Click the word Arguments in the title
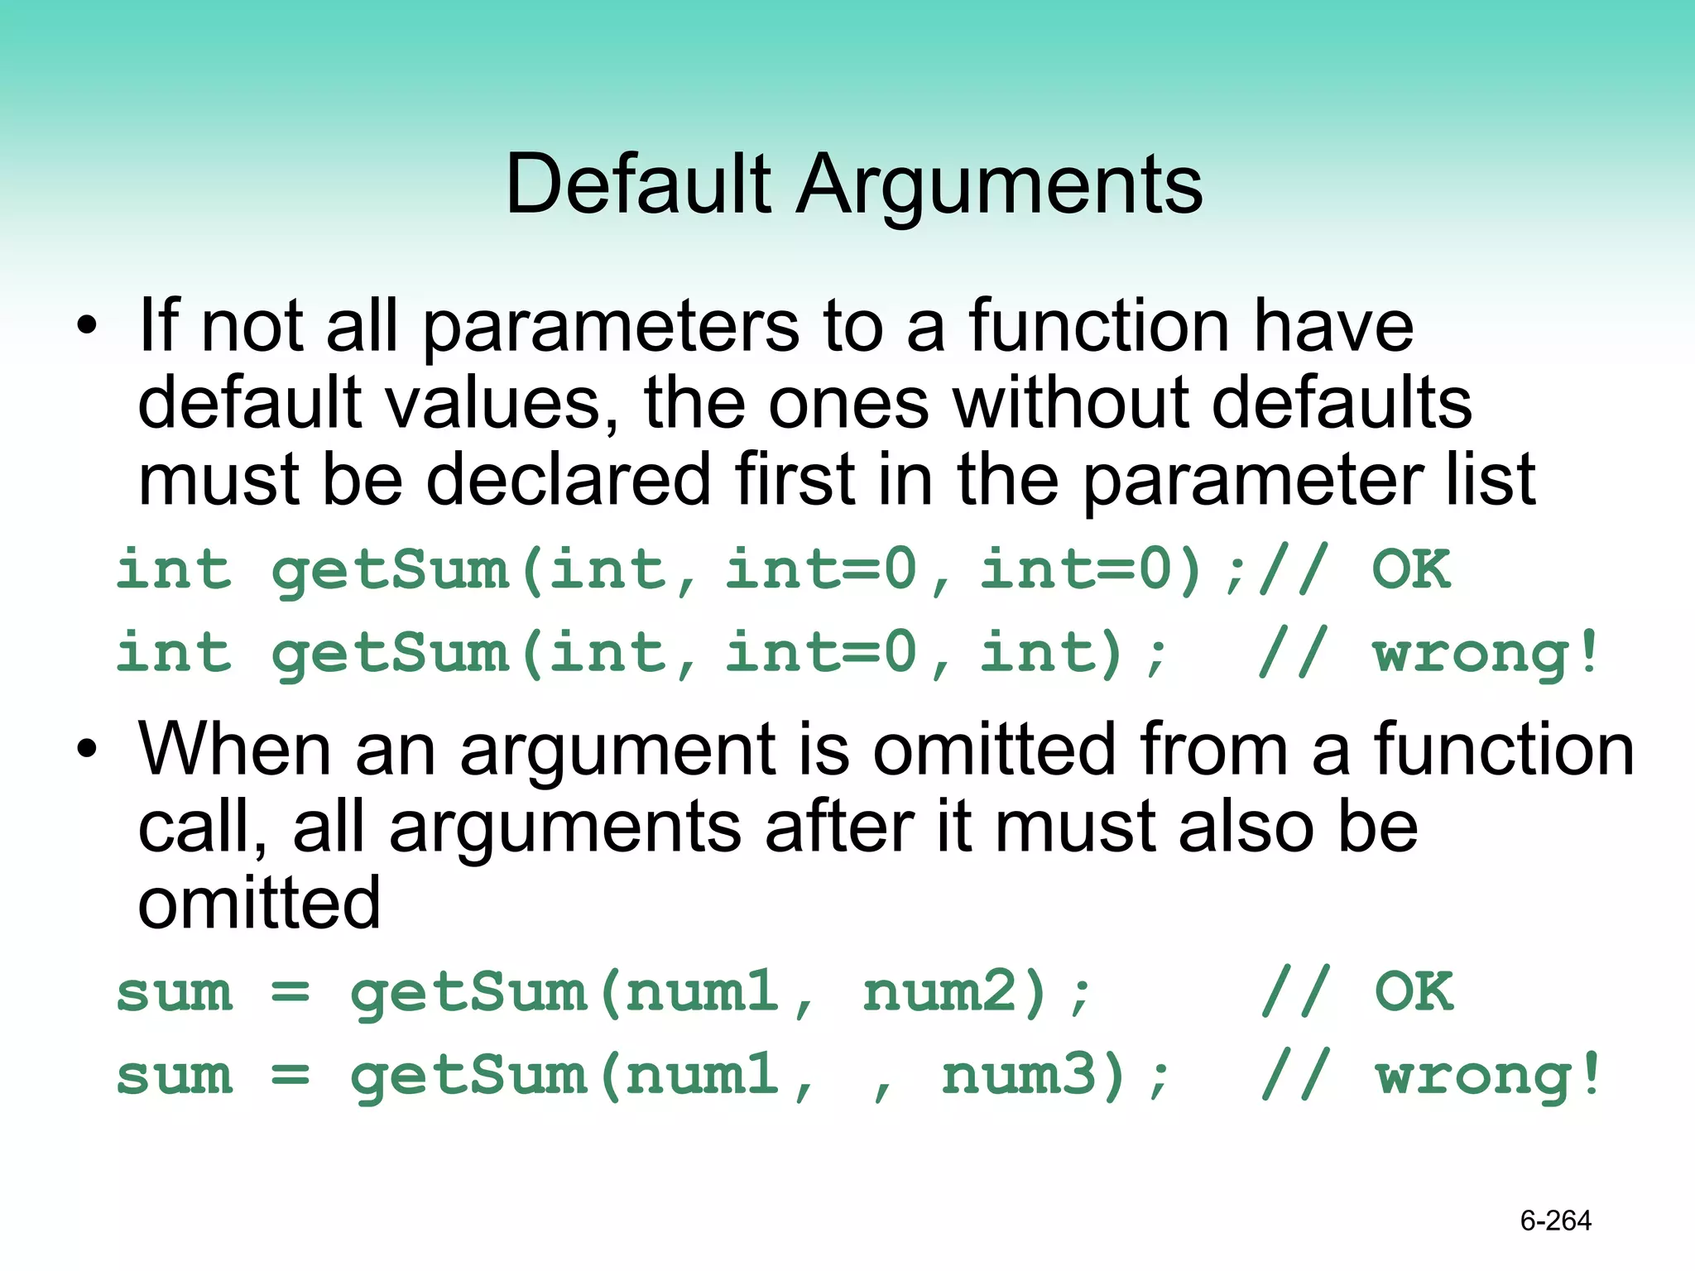[999, 186]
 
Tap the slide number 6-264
[1555, 1221]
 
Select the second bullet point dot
[86, 749]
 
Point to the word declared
[568, 480]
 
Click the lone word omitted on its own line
[258, 904]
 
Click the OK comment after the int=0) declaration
[1411, 569]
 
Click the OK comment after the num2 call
[1414, 991]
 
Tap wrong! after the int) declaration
[1486, 654]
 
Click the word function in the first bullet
[1100, 326]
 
